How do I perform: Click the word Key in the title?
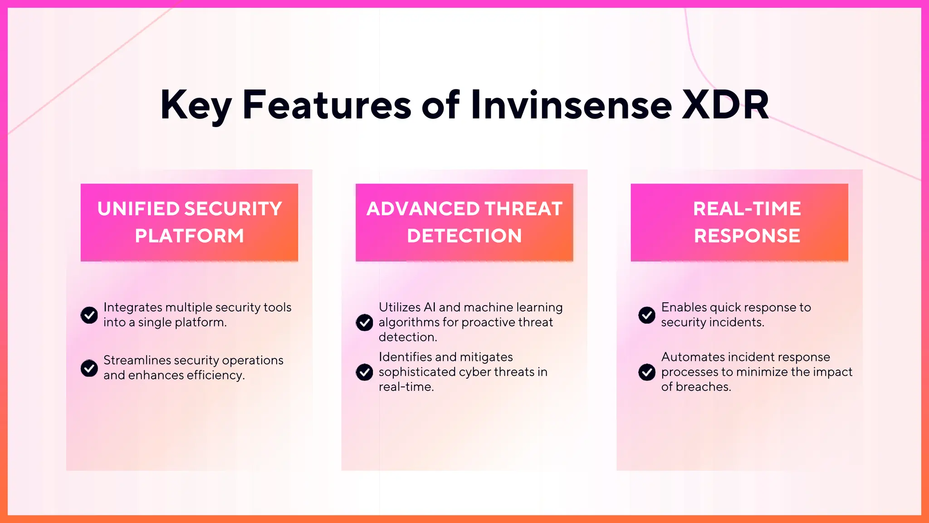[195, 105]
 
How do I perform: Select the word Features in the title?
[327, 105]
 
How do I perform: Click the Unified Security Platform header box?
[189, 222]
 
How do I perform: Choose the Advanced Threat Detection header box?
[464, 222]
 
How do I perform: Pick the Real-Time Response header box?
[739, 222]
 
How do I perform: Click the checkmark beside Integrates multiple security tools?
[89, 315]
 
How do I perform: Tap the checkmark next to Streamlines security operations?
[89, 368]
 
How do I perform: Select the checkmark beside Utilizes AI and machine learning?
[364, 322]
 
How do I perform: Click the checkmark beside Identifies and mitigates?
[364, 372]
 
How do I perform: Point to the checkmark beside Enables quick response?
[647, 315]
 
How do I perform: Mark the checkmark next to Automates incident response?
[647, 372]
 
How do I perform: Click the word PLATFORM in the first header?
[189, 236]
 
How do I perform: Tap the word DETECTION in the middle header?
[464, 236]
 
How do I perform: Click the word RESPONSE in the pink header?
[747, 236]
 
